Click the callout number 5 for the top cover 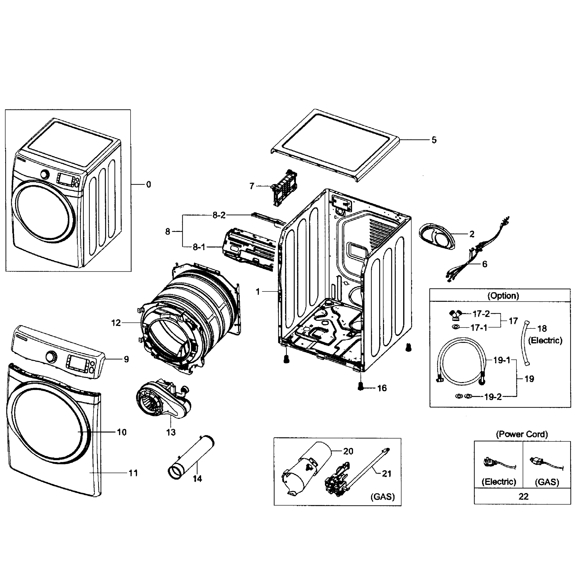point(434,140)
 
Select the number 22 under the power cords point(523,497)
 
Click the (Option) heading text point(503,296)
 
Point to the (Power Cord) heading point(522,434)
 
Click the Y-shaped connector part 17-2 point(456,314)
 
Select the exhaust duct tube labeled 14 point(191,458)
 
